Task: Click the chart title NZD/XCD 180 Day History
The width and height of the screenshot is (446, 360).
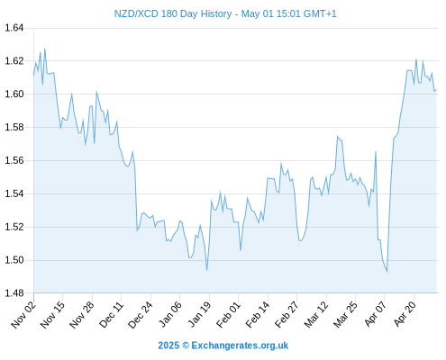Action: [173, 13]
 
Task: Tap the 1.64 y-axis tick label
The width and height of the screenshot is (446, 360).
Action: [14, 28]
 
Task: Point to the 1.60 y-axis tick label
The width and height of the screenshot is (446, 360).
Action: [14, 94]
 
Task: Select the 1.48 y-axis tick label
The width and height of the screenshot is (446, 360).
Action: [14, 293]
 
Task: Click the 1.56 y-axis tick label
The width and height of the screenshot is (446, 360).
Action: [14, 160]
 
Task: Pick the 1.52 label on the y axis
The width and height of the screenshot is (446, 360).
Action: [14, 227]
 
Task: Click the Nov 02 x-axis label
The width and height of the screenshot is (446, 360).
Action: [23, 315]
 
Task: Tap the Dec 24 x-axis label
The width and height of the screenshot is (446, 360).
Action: [141, 315]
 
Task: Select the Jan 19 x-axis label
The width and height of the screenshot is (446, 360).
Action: [199, 315]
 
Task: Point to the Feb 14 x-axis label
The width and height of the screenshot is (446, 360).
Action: [258, 315]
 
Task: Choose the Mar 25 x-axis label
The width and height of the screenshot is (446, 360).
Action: [345, 315]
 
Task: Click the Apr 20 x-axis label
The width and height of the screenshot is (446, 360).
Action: [405, 314]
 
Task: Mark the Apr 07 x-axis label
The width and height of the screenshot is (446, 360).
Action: [376, 314]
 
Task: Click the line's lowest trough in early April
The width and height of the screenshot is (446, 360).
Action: [387, 272]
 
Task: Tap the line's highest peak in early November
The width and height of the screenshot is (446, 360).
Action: [45, 49]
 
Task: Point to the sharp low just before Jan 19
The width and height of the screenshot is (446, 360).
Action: [207, 270]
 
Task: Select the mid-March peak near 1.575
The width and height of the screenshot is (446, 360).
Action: [338, 137]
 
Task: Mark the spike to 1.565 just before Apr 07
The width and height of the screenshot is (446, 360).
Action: [376, 152]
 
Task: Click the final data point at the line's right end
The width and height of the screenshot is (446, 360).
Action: [436, 89]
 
